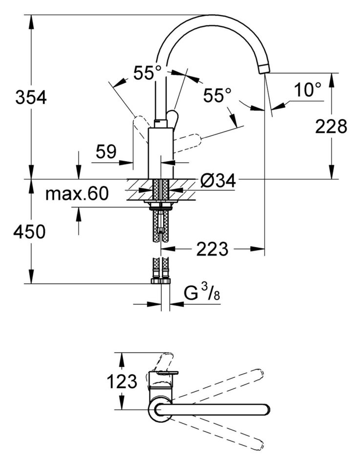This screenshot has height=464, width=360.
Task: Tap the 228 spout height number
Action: (331, 127)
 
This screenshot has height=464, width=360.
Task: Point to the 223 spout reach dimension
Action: (212, 250)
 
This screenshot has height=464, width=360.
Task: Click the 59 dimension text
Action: (106, 152)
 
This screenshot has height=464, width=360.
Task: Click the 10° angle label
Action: (308, 90)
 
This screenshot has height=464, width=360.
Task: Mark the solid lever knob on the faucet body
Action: (172, 119)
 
